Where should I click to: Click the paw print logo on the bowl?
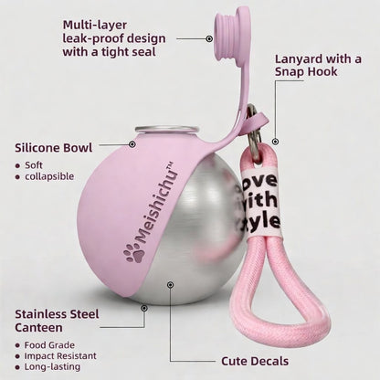(134, 253)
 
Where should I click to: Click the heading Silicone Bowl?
(54, 148)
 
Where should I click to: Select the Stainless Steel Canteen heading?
(57, 321)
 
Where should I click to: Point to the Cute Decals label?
(255, 361)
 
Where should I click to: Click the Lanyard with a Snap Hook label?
(318, 65)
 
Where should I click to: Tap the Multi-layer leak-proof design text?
(114, 38)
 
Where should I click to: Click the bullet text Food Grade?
(49, 345)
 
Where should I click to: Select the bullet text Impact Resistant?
(60, 355)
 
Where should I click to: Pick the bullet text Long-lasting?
(52, 366)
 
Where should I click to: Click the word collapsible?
(49, 176)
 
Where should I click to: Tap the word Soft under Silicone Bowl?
(34, 165)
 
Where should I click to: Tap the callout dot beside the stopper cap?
(209, 38)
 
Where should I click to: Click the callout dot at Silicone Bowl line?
(132, 144)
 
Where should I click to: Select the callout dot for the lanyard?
(275, 142)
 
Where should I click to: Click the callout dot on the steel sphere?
(171, 285)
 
